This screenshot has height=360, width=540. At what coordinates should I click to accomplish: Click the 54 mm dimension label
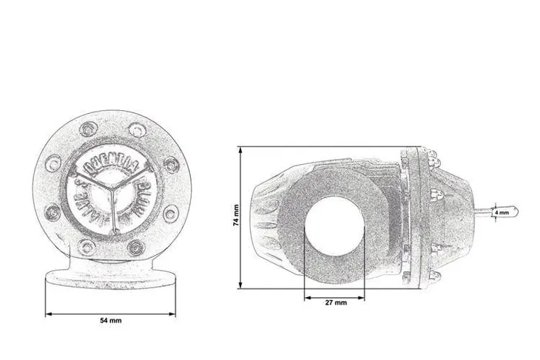tap(111, 321)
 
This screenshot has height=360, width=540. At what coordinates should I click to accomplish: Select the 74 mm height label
tap(236, 216)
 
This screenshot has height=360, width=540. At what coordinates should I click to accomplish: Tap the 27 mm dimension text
tap(335, 303)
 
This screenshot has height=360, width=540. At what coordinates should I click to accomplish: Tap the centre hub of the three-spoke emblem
tap(112, 187)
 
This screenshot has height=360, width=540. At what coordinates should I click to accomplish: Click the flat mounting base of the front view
tap(111, 279)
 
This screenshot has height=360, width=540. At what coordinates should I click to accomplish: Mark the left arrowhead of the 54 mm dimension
tap(48, 313)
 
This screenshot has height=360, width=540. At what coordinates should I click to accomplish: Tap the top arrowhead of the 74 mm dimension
tap(240, 149)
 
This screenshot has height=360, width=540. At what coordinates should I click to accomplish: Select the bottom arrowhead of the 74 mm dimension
tap(240, 286)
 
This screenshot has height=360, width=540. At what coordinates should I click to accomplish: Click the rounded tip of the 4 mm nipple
tap(516, 212)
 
